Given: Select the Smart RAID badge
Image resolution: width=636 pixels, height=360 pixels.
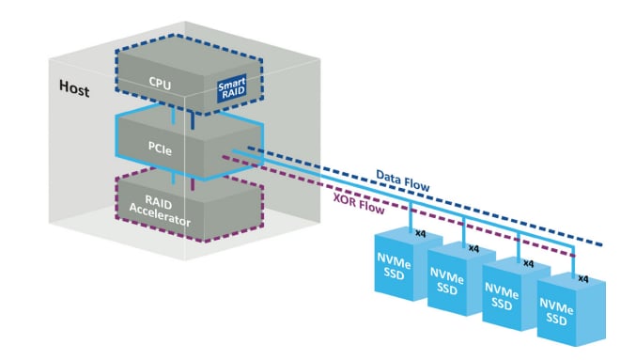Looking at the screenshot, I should pyautogui.click(x=232, y=89).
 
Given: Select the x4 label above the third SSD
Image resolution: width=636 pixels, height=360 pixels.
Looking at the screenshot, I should pyautogui.click(x=528, y=264).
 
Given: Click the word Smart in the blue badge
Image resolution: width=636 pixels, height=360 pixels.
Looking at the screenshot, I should pyautogui.click(x=232, y=84).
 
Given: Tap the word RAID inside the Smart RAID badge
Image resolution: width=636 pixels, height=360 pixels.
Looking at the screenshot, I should pyautogui.click(x=232, y=95).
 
